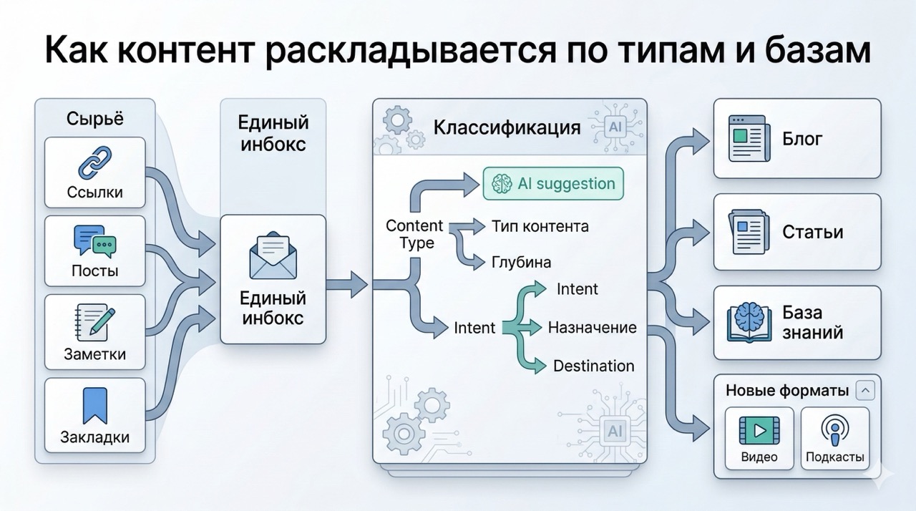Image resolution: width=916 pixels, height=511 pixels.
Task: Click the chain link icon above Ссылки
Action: click(94, 162)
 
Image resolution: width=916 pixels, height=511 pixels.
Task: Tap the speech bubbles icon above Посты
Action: click(94, 241)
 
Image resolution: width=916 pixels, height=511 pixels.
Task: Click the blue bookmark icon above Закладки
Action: click(94, 405)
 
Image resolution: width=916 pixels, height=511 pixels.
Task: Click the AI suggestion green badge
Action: click(553, 183)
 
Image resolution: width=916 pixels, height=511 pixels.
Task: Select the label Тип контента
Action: click(540, 226)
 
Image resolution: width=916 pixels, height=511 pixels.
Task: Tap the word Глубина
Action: click(521, 262)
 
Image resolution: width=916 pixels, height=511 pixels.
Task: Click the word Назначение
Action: click(592, 328)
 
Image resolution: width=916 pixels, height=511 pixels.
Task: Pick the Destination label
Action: click(593, 366)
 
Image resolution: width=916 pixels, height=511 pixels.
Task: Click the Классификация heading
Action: click(507, 128)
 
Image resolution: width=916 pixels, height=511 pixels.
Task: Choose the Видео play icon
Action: click(759, 431)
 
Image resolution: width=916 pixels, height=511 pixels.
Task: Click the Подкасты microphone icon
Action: click(834, 431)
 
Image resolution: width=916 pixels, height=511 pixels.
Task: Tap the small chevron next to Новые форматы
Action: click(865, 391)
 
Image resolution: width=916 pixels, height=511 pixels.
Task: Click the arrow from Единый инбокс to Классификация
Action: click(347, 285)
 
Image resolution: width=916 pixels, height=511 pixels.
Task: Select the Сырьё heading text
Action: click(94, 119)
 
